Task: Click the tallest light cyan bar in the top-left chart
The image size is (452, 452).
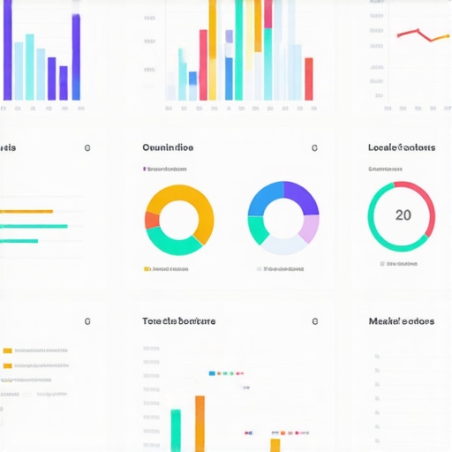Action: pos(30,67)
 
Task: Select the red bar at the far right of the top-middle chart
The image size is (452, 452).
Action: pos(309,79)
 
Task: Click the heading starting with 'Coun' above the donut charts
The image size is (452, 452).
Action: pos(168,148)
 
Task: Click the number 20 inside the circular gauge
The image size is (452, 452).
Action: pos(403,215)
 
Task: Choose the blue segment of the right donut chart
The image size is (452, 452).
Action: pos(262,197)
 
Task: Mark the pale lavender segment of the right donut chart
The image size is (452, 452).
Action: pos(308,229)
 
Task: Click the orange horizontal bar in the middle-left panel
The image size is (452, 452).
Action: pos(26,212)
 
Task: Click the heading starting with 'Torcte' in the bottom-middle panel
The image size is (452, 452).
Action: pos(178,321)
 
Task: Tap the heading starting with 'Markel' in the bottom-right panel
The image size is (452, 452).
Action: pos(401,321)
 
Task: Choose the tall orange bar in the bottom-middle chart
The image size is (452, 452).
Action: pos(200,424)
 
